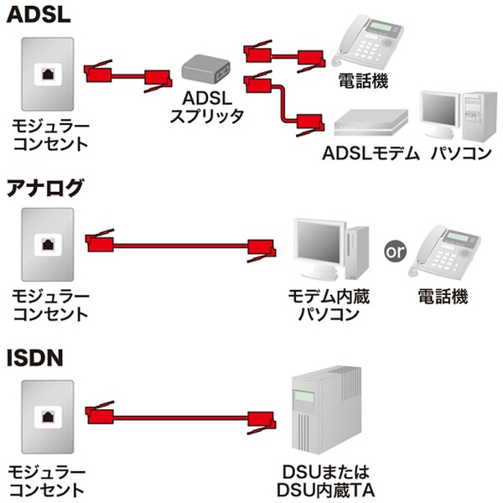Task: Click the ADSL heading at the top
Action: [39, 15]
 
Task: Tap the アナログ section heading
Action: [45, 188]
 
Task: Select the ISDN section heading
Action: [34, 358]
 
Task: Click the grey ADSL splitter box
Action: [205, 68]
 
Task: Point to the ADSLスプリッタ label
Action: [206, 107]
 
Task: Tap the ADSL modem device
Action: [371, 123]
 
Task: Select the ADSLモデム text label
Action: [371, 153]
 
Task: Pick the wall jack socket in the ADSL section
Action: [48, 74]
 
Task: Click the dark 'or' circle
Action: [395, 251]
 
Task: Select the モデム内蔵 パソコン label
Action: [329, 305]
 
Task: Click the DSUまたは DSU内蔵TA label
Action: [325, 481]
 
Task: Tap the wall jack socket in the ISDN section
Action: [48, 417]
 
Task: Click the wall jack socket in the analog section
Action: [48, 245]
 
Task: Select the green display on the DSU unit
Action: [303, 397]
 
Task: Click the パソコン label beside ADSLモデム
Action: [461, 153]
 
